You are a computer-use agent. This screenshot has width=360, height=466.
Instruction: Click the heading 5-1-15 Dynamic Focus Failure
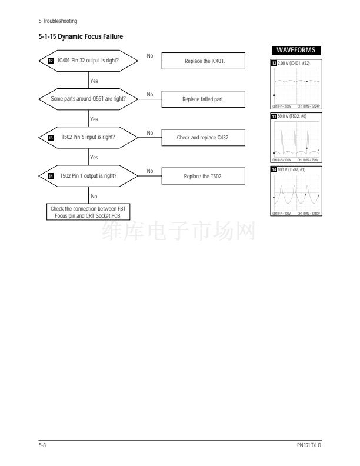tap(81, 37)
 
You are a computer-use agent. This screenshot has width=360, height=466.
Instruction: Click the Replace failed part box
tap(204, 99)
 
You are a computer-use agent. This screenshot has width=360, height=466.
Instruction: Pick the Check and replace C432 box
tap(204, 137)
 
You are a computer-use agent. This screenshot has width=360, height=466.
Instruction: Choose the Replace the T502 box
tap(204, 175)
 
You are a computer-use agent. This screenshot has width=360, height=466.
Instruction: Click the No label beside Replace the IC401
tap(149, 56)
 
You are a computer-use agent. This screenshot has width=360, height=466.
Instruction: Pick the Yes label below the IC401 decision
tap(94, 81)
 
